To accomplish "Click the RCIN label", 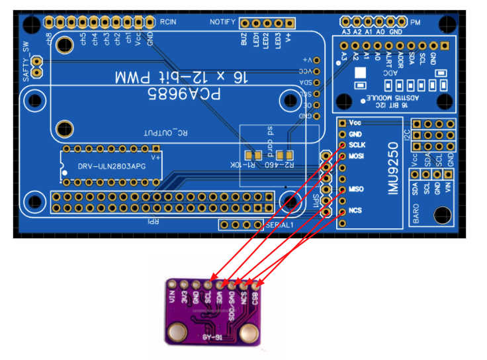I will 168,22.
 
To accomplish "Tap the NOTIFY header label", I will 222,22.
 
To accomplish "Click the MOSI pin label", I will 357,156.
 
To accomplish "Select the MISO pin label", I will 357,190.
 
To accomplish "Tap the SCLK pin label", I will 358,145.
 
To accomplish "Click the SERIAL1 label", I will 279,225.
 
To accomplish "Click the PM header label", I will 415,22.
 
